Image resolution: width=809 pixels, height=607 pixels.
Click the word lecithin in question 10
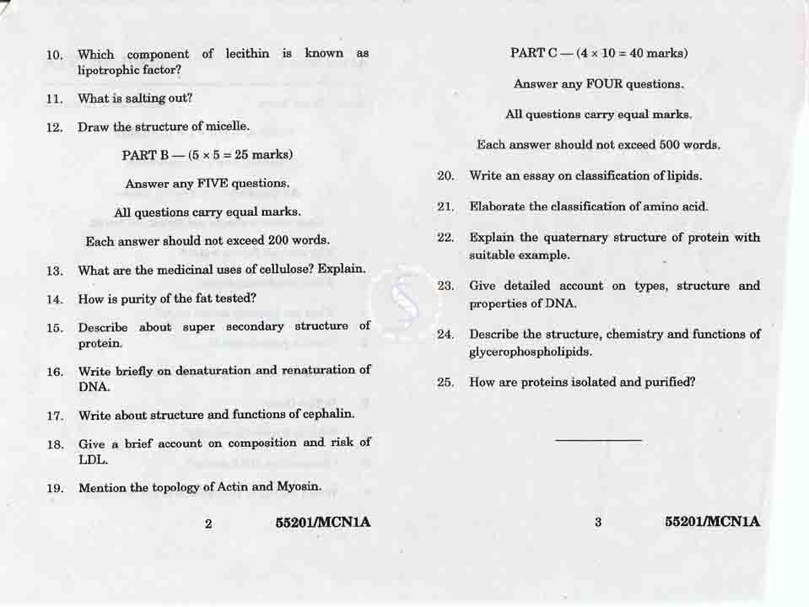[247, 54]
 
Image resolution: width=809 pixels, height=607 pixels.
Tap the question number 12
[55, 128]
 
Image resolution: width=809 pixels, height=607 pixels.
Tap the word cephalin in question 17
[328, 415]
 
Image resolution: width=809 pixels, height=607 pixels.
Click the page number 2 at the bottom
[208, 524]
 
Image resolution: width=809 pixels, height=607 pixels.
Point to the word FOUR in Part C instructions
[604, 84]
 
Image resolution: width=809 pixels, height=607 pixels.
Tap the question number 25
[446, 383]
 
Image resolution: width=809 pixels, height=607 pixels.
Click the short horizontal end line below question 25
[599, 440]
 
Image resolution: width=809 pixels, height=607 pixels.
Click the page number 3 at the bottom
[598, 523]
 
